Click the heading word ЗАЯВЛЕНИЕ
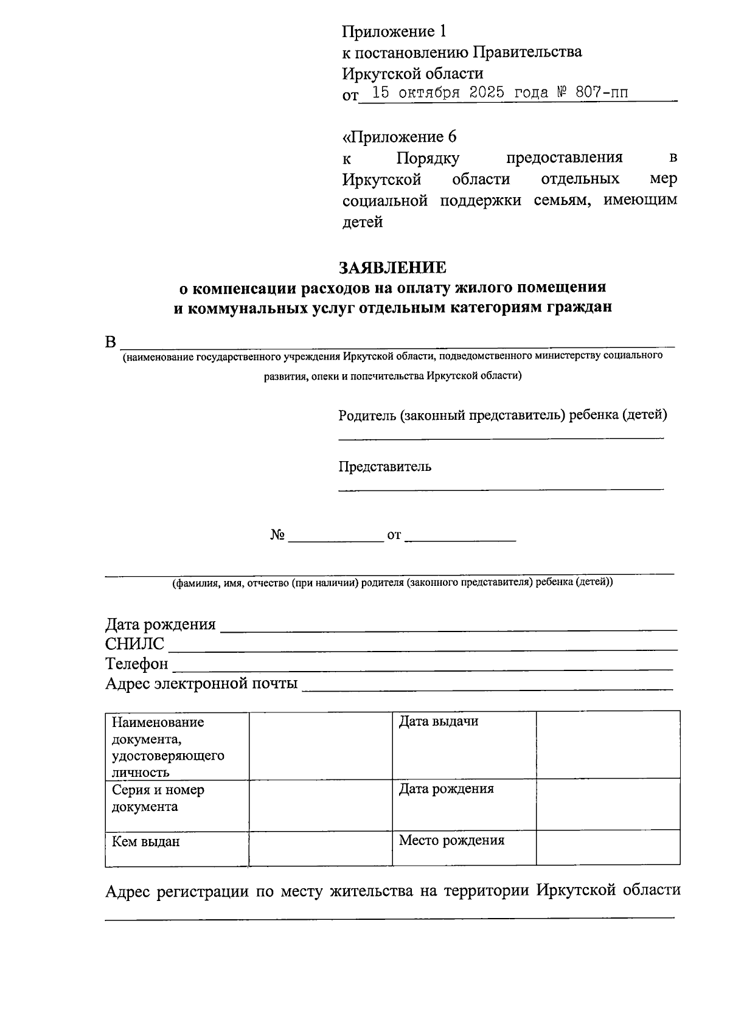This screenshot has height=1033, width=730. point(392,267)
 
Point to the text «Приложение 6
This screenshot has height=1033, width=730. point(399,136)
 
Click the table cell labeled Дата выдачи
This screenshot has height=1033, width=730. point(464,745)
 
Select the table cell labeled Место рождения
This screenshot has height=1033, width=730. point(464,847)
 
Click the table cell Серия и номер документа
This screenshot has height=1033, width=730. point(176,804)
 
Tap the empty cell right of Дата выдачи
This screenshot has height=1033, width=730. point(608,745)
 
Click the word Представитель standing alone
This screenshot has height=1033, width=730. point(385,467)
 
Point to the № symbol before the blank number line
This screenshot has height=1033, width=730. point(278,535)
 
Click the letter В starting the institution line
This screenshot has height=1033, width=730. point(110,342)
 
